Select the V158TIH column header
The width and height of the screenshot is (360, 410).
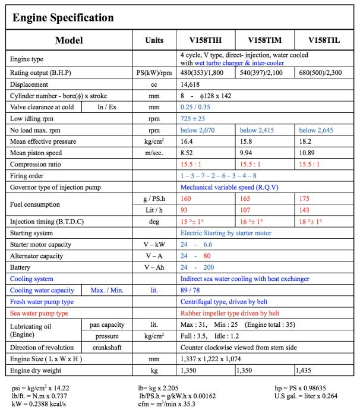tap(207, 41)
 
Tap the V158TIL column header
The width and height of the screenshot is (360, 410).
tap(324, 41)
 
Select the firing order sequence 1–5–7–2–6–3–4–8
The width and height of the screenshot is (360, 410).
tap(218, 175)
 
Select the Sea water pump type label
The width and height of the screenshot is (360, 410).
tap(39, 313)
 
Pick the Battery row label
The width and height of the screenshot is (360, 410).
tap(22, 267)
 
